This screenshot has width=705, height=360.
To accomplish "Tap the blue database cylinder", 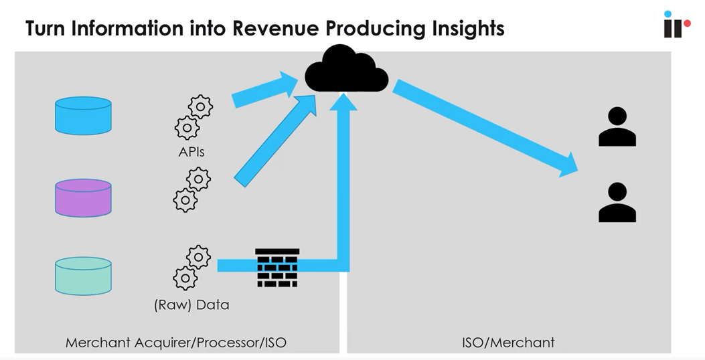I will [x=83, y=115].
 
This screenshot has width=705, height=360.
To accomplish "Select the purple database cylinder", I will [x=83, y=197].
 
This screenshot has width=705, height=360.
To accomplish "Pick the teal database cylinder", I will [x=83, y=276].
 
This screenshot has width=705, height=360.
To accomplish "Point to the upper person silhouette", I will [x=617, y=126].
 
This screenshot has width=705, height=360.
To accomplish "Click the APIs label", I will [x=191, y=152].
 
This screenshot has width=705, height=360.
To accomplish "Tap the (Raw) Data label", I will [x=191, y=304].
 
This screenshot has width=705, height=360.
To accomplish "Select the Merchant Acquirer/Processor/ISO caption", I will [x=176, y=343].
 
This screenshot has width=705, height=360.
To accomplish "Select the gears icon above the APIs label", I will [x=193, y=116].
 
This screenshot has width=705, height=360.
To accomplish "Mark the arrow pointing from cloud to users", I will [x=485, y=126].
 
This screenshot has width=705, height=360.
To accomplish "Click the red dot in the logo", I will [x=686, y=23].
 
